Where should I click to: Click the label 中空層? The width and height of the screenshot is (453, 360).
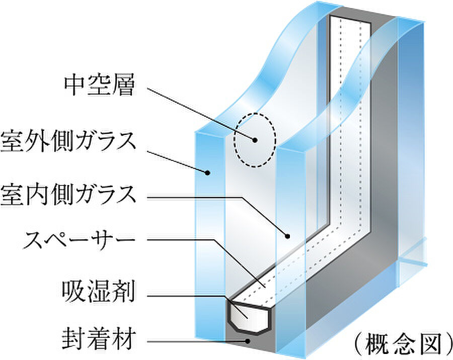click(x=99, y=86)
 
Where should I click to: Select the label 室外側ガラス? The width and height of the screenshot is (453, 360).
click(x=68, y=141)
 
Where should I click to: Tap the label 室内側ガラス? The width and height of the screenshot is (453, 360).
click(x=68, y=195)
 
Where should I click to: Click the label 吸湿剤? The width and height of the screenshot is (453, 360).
click(x=98, y=292)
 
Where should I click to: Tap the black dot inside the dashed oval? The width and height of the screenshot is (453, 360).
click(x=255, y=140)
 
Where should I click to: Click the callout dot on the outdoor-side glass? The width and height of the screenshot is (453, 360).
click(x=207, y=173)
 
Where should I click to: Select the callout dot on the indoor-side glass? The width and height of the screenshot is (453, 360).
click(x=287, y=236)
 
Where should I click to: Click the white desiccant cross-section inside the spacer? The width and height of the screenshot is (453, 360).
click(x=249, y=316)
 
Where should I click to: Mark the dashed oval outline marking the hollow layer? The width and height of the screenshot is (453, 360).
click(x=234, y=140)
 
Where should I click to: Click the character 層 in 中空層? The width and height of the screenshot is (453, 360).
click(x=123, y=86)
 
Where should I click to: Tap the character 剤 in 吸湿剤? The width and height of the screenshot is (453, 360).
click(x=123, y=292)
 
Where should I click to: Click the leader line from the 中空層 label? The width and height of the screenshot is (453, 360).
click(x=201, y=114)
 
